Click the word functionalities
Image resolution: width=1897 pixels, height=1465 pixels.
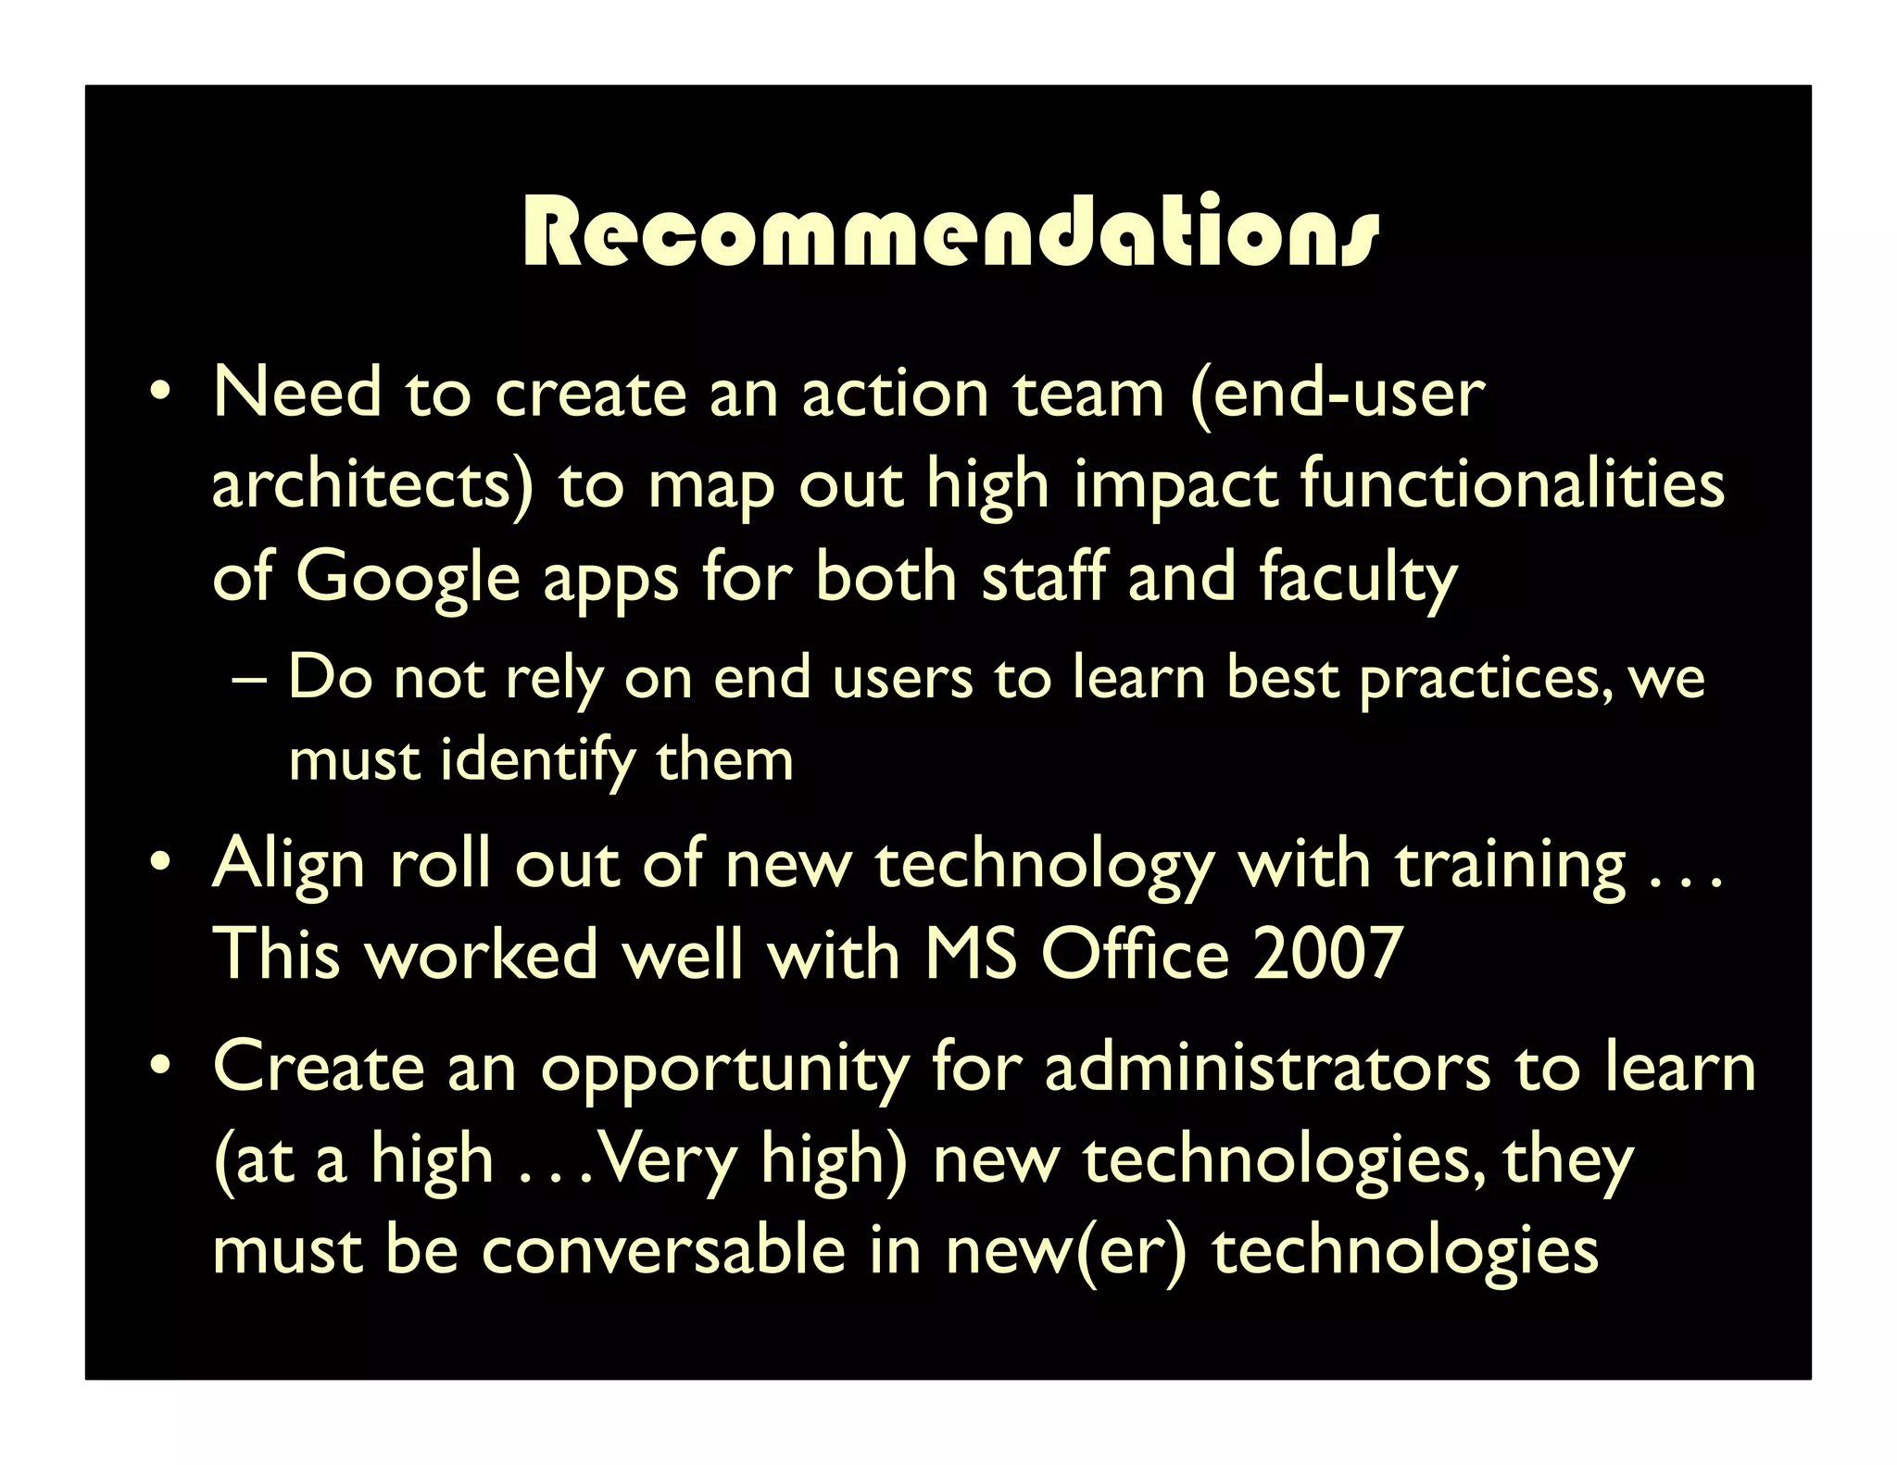pos(1513,484)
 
